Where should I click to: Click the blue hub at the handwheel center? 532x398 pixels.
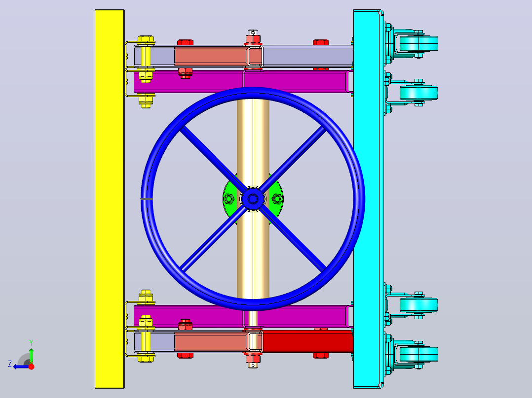tap(253, 199)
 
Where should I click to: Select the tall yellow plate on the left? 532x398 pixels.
tap(109, 199)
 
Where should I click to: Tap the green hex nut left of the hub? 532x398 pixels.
tap(228, 199)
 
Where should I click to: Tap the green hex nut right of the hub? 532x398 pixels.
tap(277, 199)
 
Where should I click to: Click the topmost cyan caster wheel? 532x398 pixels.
tap(418, 43)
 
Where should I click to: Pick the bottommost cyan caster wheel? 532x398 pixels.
tap(418, 354)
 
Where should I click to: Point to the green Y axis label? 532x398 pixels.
tap(31, 343)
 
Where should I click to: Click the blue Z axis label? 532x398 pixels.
tap(10, 364)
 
